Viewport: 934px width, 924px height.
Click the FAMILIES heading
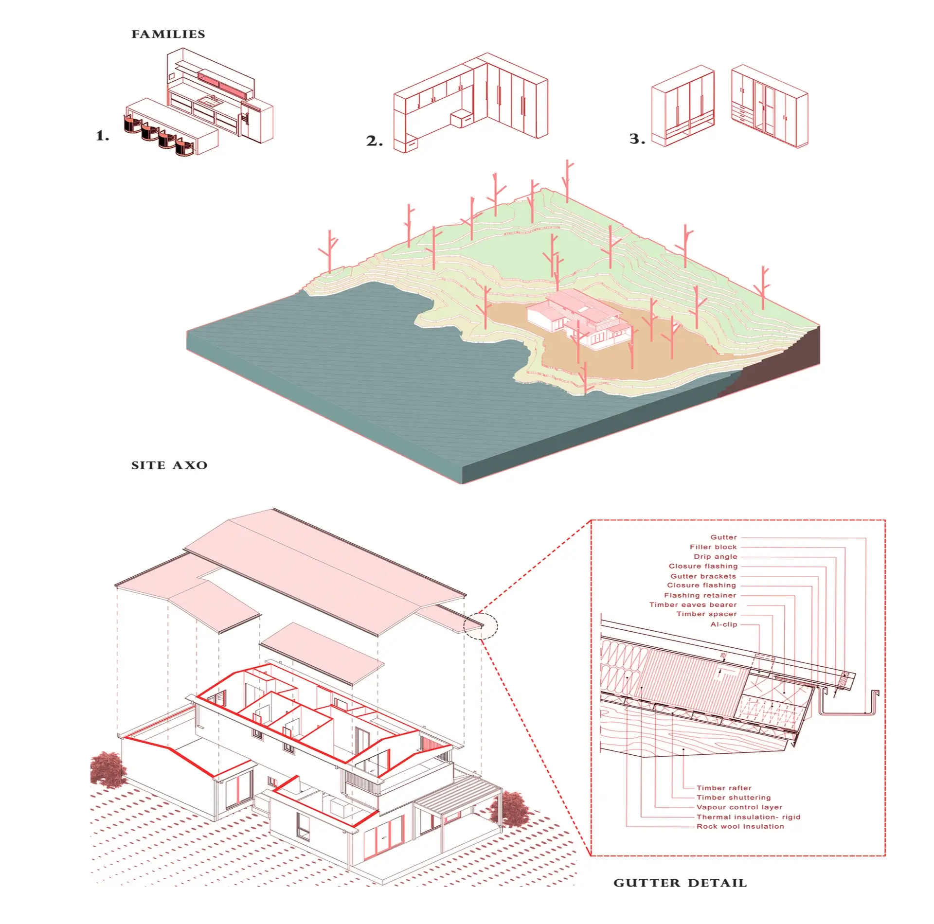point(168,34)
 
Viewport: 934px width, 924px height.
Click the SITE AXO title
point(169,465)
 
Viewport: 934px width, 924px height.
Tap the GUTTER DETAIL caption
point(680,883)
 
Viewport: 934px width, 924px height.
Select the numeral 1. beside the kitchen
point(103,136)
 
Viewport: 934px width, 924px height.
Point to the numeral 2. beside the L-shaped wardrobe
point(375,141)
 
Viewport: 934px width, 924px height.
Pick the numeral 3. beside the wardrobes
point(638,139)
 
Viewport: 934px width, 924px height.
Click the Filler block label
point(713,547)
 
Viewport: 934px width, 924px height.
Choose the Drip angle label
point(716,556)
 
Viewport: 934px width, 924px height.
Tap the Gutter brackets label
point(703,576)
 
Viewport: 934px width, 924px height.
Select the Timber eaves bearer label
point(693,604)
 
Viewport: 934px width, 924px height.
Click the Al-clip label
point(724,624)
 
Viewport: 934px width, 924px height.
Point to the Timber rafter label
point(724,788)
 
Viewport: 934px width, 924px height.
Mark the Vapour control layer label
point(739,807)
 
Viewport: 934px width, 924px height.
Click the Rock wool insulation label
point(740,826)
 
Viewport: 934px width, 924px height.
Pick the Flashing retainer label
point(700,595)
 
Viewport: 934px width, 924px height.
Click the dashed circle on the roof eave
point(481,626)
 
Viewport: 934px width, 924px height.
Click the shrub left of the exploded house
point(108,768)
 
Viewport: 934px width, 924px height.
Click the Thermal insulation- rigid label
point(748,817)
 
